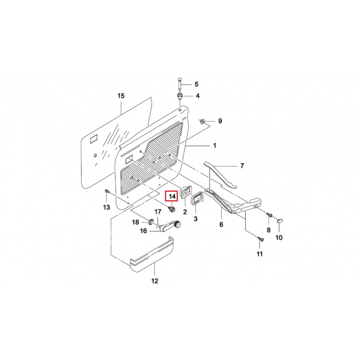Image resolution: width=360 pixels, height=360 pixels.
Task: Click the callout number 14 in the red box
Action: (172, 196)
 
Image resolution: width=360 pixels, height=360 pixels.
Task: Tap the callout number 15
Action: (121, 96)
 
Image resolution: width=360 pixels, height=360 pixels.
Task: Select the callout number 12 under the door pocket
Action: (155, 281)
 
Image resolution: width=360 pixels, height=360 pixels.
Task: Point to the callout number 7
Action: (242, 166)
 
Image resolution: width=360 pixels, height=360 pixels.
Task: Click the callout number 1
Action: (215, 145)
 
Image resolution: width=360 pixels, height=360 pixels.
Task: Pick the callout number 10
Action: (279, 238)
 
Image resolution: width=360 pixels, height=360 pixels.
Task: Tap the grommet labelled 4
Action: (180, 96)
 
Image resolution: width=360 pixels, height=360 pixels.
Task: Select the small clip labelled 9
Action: (202, 121)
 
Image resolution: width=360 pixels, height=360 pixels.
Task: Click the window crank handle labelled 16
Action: (169, 226)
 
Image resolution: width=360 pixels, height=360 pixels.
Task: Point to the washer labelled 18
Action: (151, 221)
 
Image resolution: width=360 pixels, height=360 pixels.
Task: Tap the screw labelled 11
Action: (261, 239)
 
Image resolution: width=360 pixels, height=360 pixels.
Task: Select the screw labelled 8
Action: (270, 215)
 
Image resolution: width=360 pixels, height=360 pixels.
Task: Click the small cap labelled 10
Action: (280, 220)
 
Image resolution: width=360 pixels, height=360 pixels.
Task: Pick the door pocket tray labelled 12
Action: (152, 255)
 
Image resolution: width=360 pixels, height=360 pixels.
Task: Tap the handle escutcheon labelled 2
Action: (185, 193)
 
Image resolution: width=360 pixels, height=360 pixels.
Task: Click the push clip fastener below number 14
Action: (172, 209)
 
